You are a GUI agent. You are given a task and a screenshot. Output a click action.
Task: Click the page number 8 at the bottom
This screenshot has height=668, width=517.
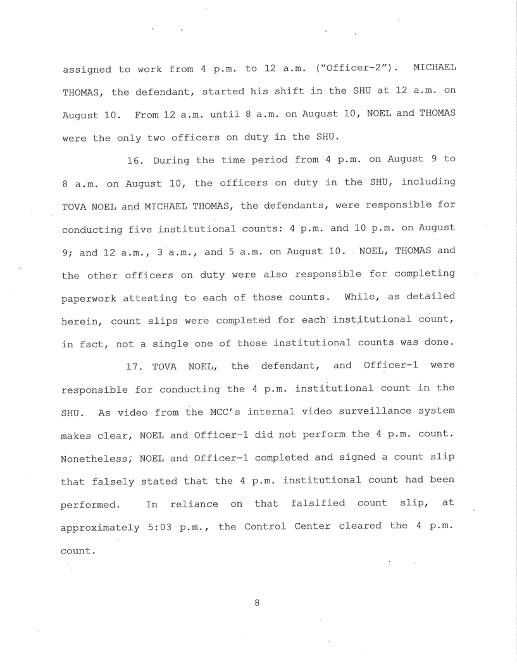click(258, 603)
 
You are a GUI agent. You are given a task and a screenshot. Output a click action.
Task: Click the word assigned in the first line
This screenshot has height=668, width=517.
click(88, 68)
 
